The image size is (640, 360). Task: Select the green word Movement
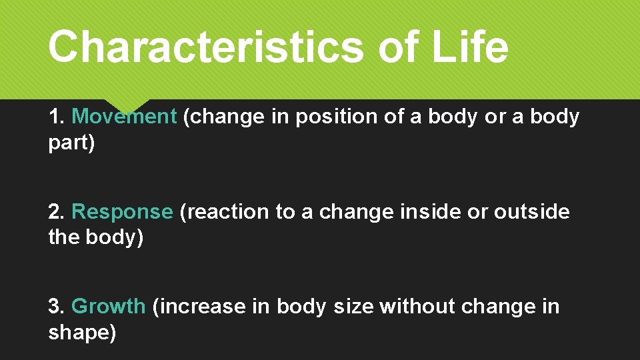(x=123, y=117)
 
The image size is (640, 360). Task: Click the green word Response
(x=122, y=212)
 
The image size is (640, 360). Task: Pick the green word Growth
(x=108, y=307)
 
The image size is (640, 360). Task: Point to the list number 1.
(x=57, y=117)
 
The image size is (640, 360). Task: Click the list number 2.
(x=57, y=212)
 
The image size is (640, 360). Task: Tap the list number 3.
(x=57, y=307)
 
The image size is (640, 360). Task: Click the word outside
(x=531, y=212)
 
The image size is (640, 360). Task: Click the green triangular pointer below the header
(x=127, y=105)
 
